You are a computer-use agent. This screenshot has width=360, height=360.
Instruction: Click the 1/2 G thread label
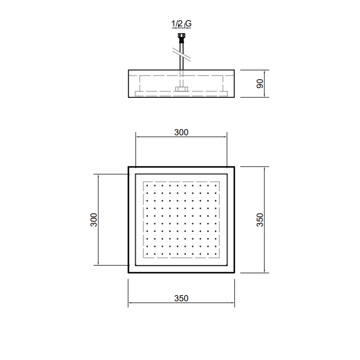181,24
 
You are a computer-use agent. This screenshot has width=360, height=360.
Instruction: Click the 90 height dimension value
260,84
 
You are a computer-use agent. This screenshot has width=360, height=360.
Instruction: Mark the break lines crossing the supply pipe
181,56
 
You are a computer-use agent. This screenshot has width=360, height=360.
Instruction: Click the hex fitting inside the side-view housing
181,89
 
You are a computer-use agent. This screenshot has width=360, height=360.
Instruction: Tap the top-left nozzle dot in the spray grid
147,185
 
